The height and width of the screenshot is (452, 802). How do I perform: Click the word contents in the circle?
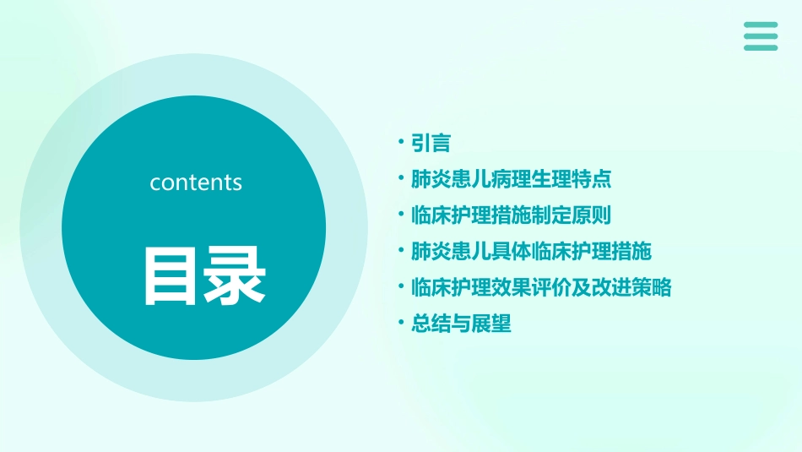[196, 182]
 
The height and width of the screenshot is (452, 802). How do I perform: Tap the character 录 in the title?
[233, 275]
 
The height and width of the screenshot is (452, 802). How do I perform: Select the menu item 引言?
[431, 143]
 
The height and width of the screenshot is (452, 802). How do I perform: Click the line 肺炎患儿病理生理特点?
[510, 179]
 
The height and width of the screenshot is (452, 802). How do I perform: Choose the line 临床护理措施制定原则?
[510, 215]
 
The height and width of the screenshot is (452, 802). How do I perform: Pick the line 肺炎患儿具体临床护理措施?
[530, 252]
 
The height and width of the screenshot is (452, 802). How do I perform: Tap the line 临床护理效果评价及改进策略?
[540, 287]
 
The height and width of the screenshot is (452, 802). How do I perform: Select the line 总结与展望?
[461, 324]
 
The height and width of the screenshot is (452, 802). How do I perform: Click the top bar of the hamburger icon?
[761, 25]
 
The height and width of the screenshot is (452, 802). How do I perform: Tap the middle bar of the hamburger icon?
[761, 35]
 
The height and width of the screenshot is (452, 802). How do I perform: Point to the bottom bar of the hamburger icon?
[761, 47]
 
